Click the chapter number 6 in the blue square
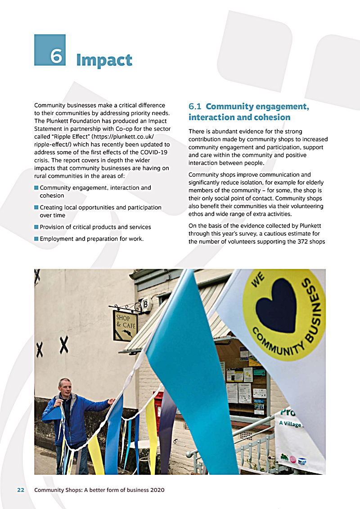pos(56,56)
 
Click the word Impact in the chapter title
pos(104,60)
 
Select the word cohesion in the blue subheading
pos(271,117)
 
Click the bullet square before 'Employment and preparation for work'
pos(36,239)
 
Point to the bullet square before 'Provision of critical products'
pos(36,227)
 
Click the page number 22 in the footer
pos(21,490)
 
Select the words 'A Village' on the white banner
pos(290,424)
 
